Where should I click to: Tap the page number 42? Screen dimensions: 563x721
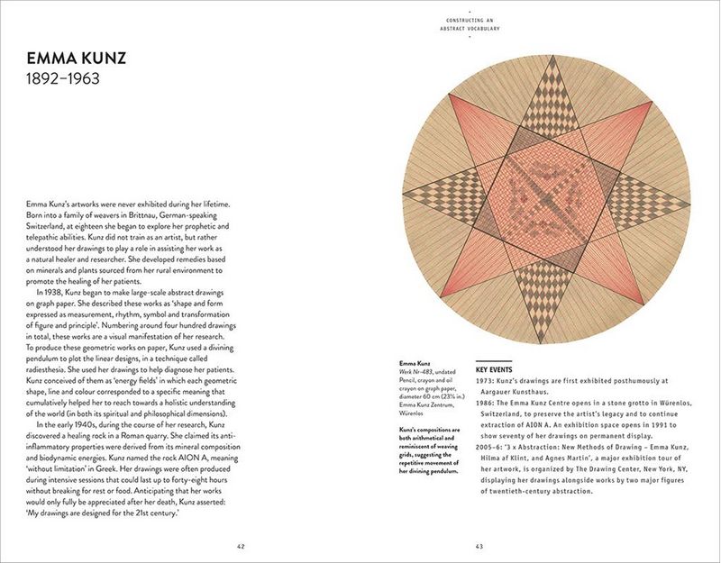(240, 544)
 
